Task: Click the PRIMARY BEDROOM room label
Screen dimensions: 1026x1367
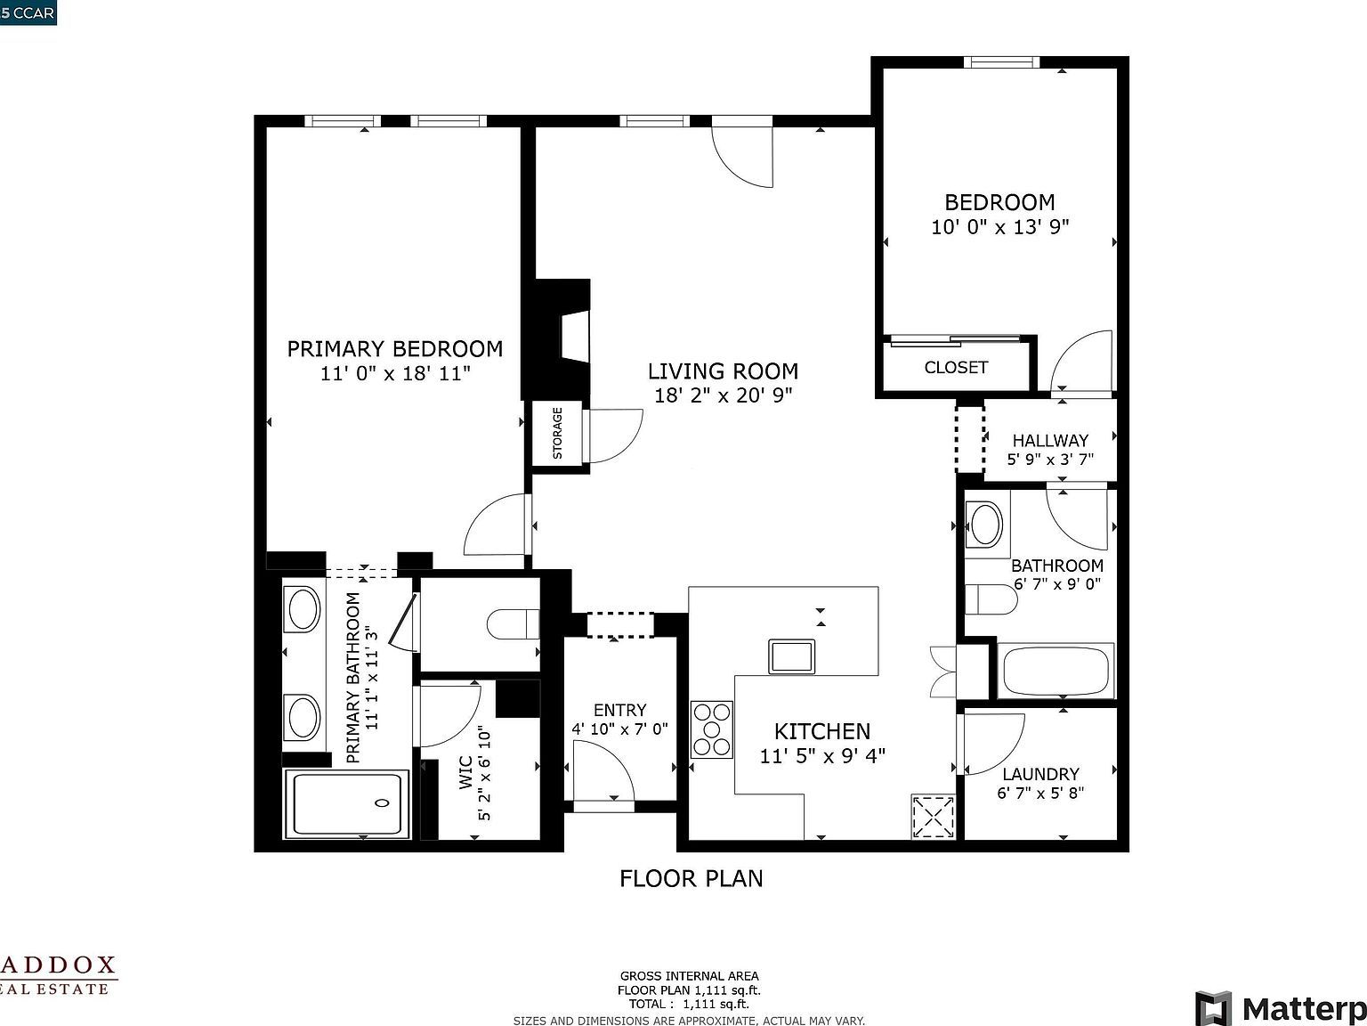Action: pos(394,348)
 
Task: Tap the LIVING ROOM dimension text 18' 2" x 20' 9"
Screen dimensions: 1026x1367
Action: pos(723,395)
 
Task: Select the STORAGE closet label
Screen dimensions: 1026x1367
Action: pos(558,433)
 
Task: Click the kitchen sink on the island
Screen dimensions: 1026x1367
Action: pos(791,656)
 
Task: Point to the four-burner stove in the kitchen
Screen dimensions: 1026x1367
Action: pos(712,729)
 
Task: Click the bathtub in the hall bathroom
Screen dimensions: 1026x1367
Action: pos(1056,672)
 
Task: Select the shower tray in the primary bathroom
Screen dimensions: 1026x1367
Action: pos(346,804)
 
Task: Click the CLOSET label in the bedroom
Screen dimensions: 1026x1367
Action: pos(956,367)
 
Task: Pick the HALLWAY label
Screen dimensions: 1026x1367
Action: pos(1050,440)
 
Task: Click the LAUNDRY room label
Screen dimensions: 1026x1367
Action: pos(1040,774)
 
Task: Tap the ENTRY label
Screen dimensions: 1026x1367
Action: pos(619,710)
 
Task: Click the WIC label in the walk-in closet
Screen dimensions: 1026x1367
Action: pos(465,774)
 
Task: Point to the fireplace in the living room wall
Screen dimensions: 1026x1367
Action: pos(572,337)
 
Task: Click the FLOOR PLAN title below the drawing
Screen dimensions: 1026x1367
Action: pos(691,878)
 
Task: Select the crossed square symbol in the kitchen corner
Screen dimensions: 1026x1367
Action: pos(933,817)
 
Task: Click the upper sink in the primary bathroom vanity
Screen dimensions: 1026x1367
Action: pos(303,609)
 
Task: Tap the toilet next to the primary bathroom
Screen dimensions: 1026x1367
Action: pos(514,623)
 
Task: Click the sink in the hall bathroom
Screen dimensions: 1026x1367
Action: pos(985,525)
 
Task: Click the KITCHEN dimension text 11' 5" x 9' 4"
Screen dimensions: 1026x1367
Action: pos(822,756)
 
